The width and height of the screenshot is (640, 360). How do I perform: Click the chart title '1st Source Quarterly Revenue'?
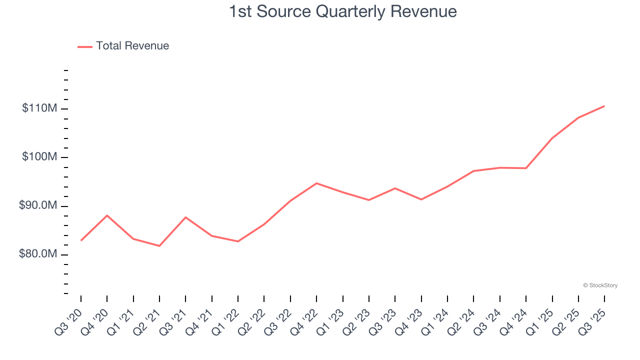point(342,11)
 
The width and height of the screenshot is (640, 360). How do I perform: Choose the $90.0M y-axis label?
point(38,206)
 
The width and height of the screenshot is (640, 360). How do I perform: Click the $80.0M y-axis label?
point(38,254)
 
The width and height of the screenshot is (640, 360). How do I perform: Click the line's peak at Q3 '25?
point(604,106)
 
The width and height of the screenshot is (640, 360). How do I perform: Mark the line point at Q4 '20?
point(107,215)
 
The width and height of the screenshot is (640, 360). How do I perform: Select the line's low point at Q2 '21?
point(159,246)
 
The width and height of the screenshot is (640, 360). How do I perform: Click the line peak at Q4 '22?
point(316,183)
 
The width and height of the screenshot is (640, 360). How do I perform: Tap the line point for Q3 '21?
point(185,217)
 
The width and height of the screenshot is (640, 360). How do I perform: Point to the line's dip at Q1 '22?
point(238,241)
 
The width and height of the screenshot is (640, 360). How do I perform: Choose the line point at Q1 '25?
point(552,138)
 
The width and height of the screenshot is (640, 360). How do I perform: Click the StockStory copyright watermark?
point(600,285)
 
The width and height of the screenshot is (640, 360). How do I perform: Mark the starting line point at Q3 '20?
point(81,240)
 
